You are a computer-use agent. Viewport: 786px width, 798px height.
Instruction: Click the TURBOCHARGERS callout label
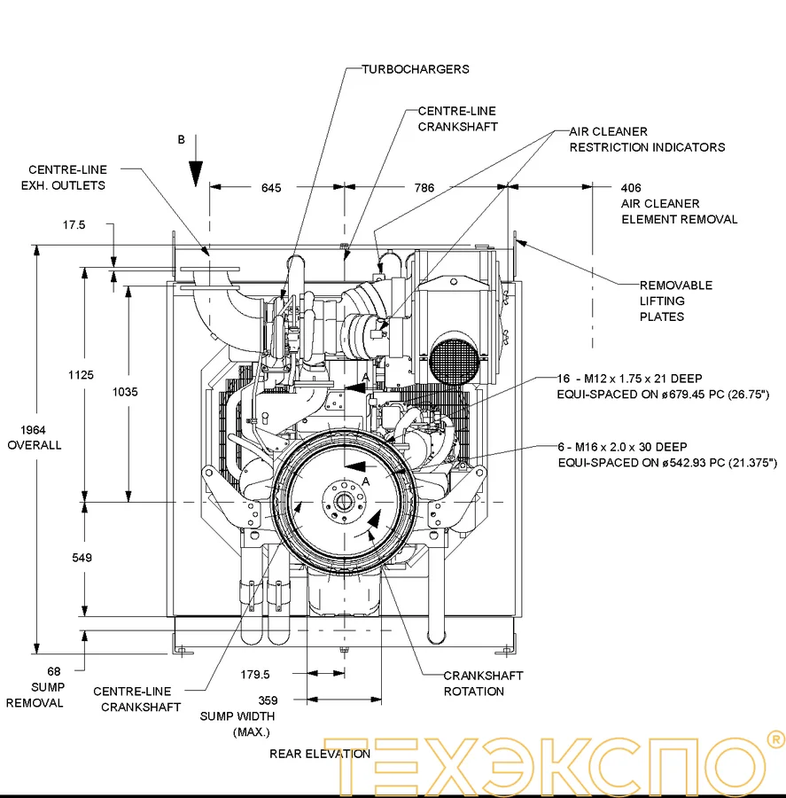coord(415,69)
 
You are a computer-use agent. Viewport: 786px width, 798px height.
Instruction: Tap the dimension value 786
coord(424,188)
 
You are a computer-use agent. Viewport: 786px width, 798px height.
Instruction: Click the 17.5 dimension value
coord(74,225)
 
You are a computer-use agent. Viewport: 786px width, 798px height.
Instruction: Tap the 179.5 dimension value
coord(254,675)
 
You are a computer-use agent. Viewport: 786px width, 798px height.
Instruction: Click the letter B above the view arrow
coord(182,140)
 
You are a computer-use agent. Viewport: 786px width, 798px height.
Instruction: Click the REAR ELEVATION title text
coord(320,754)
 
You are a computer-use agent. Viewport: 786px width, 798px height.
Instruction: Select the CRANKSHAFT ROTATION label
coord(483,684)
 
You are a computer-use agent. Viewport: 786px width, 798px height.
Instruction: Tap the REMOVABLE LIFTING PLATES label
coord(675,301)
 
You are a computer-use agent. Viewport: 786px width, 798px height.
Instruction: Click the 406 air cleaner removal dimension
coord(631,188)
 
